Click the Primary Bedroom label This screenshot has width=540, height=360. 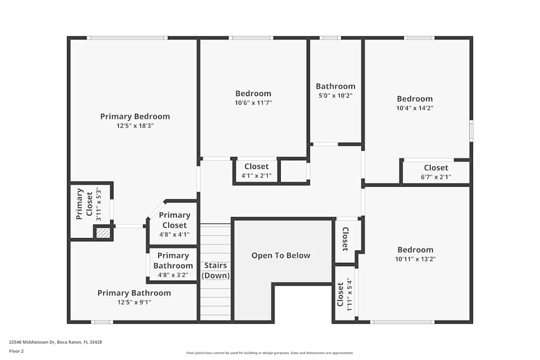pos(135,116)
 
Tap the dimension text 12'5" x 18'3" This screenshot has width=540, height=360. pos(135,125)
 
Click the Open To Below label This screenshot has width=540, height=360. pos(281,255)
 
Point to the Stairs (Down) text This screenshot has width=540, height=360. pos(215,270)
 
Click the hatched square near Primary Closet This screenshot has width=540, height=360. pos(103,233)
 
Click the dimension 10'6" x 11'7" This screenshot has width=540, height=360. pos(253,103)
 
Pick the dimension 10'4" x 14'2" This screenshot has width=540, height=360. pos(415,108)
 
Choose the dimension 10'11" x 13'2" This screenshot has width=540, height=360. pos(415,259)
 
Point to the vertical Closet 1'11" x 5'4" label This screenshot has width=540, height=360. pos(344,295)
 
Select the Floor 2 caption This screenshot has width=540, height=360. pos(16,351)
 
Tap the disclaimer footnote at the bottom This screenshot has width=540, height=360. pos(270,353)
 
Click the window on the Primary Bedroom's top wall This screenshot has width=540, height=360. pos(127,38)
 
